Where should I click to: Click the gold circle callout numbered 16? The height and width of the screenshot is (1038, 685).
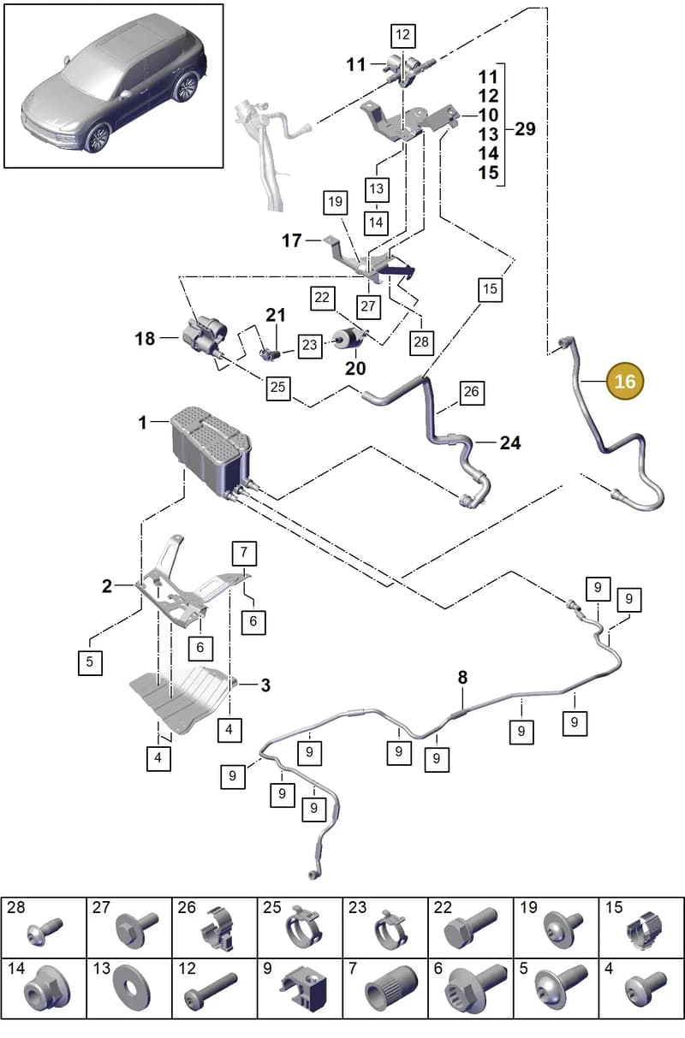(x=624, y=381)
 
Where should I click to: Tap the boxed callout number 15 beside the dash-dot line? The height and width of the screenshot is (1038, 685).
(x=490, y=288)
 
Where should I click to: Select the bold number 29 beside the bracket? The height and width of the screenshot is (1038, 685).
(x=525, y=129)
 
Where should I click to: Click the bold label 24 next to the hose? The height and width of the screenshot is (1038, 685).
(x=510, y=442)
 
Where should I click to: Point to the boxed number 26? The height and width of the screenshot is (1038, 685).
(x=471, y=392)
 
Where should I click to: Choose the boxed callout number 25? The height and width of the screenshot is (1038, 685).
(x=277, y=388)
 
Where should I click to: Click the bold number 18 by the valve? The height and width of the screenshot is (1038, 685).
(x=145, y=338)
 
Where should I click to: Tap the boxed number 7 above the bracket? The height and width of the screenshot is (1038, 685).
(x=244, y=553)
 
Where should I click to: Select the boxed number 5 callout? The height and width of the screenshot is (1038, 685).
(x=90, y=662)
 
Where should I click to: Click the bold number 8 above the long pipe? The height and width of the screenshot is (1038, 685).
(x=462, y=677)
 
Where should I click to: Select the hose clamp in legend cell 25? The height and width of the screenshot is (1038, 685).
(x=303, y=927)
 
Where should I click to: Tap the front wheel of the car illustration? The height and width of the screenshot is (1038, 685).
(x=97, y=138)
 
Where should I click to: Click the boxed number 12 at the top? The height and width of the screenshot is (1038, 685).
(x=402, y=34)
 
